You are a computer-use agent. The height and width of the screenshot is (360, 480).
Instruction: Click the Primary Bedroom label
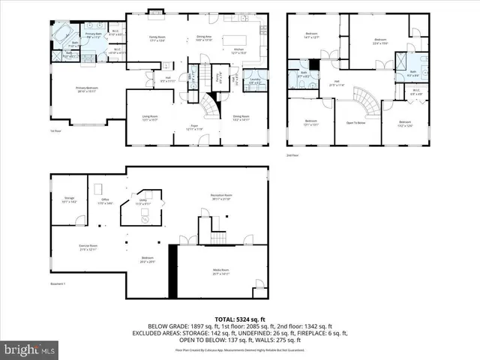[87, 88]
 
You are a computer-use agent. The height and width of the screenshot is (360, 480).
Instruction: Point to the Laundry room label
[256, 80]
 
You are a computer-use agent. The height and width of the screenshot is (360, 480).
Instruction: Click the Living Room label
[150, 116]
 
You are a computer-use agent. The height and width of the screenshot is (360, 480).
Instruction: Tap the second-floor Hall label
[337, 82]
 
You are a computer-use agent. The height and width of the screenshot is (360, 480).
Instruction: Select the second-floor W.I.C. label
[416, 91]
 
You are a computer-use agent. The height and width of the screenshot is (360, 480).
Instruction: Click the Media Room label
[220, 273]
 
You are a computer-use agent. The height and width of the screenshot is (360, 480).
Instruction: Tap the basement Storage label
[68, 199]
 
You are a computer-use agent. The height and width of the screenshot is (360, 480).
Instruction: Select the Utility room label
[143, 201]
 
